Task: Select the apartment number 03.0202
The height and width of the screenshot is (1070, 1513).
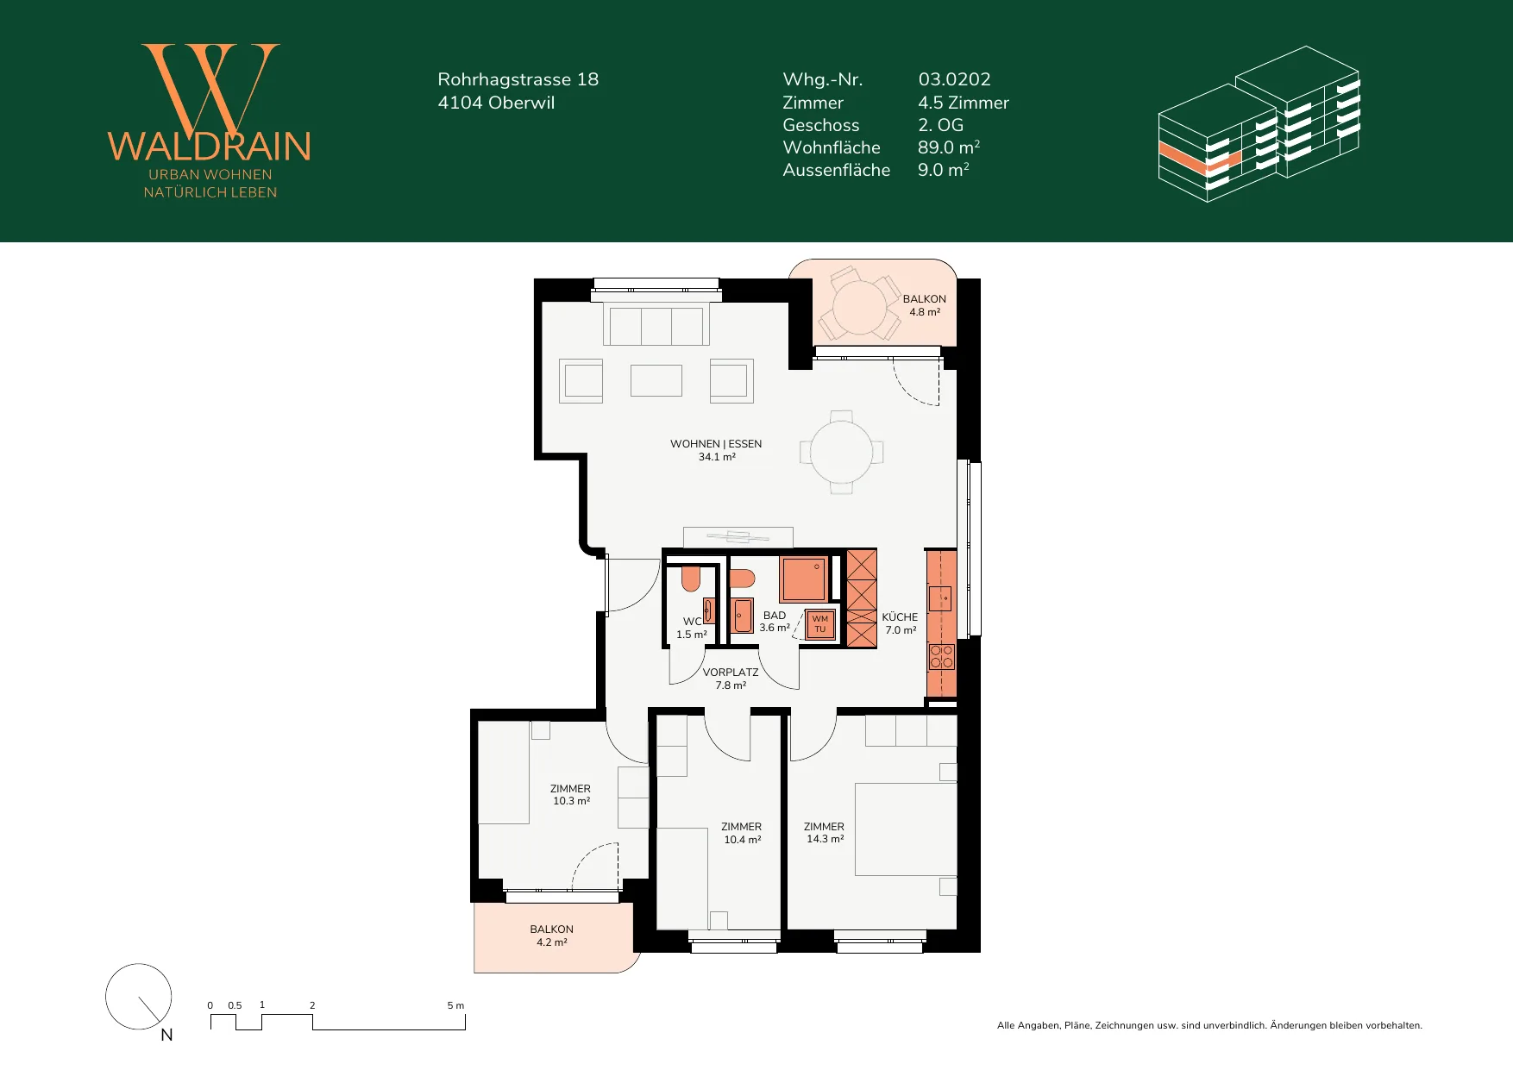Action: pos(954,79)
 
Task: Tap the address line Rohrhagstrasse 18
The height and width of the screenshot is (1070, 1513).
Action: pos(518,79)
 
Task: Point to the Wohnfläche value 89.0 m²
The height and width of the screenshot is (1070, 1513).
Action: pos(948,147)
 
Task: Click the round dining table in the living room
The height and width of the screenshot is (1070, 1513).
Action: pos(841,452)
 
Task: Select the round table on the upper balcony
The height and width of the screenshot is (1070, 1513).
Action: pos(859,307)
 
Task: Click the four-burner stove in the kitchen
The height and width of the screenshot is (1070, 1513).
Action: pos(941,657)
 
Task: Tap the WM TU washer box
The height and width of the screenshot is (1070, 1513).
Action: pos(819,624)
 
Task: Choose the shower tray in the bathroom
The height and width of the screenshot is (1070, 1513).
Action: pos(803,579)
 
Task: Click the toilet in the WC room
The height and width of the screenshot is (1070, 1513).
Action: pos(690,578)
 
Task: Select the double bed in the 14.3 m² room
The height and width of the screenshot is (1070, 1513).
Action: pos(906,829)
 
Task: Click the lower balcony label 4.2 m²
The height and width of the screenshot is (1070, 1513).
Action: pos(552,942)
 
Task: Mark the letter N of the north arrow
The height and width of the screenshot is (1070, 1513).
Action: pos(167,1035)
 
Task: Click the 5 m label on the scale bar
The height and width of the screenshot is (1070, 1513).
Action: pos(455,1005)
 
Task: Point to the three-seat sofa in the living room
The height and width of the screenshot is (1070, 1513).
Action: pos(656,325)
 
